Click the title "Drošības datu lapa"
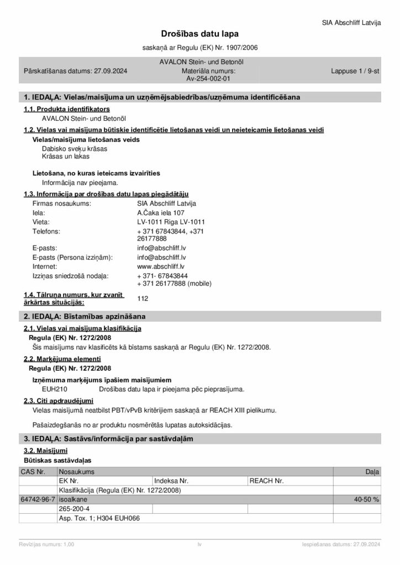pyautogui.click(x=199, y=34)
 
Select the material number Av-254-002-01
pyautogui.click(x=200, y=79)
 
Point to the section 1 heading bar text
pyautogui.click(x=162, y=97)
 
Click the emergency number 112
pyautogui.click(x=143, y=299)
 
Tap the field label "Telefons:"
pyautogui.click(x=46, y=231)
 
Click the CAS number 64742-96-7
pyautogui.click(x=38, y=499)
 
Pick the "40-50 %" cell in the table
pyautogui.click(x=366, y=499)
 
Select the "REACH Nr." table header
pyautogui.click(x=266, y=481)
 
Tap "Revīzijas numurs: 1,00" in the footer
pyautogui.click(x=46, y=545)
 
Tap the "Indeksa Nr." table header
pyautogui.click(x=172, y=481)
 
